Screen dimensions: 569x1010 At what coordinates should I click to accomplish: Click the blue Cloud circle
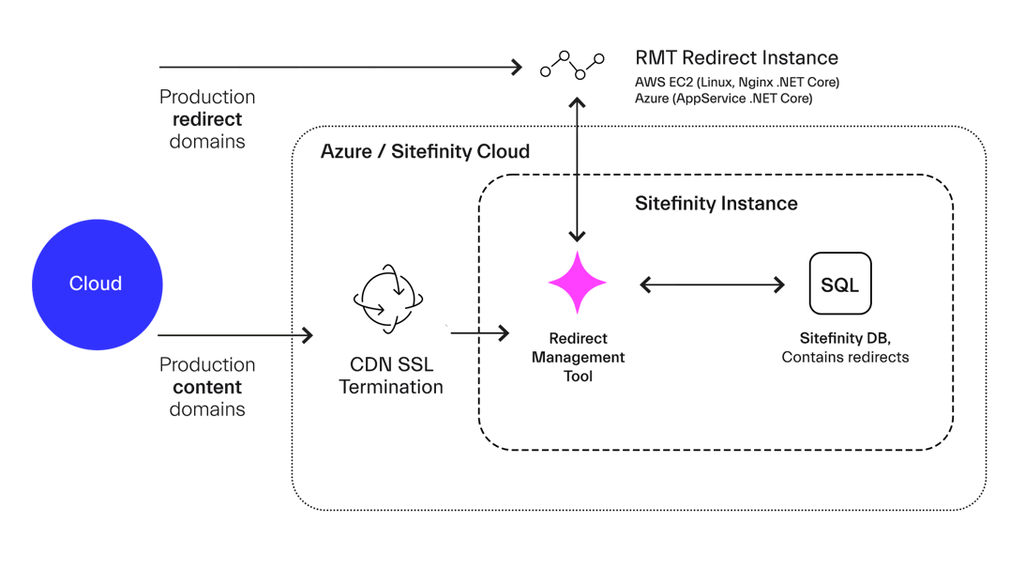97,284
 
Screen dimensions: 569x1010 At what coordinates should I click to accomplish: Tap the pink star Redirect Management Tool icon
577,283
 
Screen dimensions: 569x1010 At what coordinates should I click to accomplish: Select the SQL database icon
840,284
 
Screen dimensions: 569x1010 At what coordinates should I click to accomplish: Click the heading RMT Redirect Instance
736,58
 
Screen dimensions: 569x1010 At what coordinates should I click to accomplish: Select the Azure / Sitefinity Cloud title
425,151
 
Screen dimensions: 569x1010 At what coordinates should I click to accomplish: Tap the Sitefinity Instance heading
716,203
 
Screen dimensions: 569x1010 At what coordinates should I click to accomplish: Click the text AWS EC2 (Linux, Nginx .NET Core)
737,83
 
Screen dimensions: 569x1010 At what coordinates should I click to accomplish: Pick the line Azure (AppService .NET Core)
723,98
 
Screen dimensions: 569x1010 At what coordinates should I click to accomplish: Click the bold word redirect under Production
207,119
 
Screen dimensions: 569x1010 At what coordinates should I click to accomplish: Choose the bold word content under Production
207,387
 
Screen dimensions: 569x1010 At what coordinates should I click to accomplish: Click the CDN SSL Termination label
391,376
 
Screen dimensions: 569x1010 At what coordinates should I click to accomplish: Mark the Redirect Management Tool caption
578,357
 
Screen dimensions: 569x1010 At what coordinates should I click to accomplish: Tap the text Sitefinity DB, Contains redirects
845,347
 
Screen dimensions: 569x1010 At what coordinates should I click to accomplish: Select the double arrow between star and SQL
712,284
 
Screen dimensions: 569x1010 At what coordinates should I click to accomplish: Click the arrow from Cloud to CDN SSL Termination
234,334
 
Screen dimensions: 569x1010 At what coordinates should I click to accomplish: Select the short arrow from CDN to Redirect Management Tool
479,332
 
